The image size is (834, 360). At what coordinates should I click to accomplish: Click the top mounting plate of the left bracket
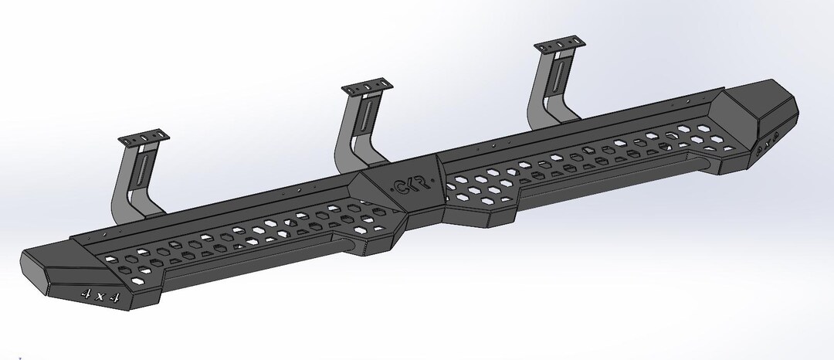pos(143,141)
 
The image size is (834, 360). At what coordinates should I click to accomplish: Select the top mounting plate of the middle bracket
pos(367,87)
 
